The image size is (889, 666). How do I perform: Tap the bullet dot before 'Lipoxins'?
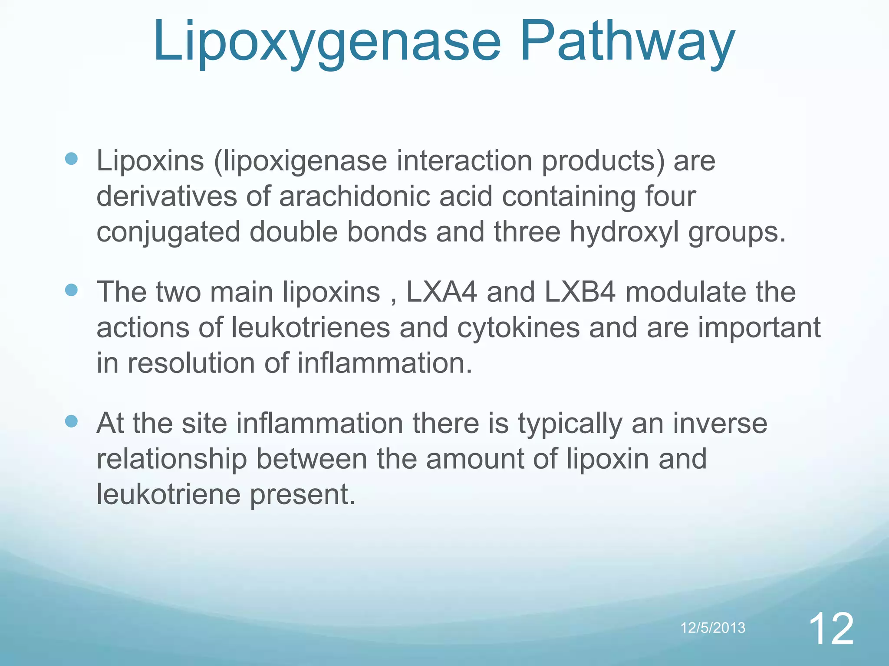[71, 159]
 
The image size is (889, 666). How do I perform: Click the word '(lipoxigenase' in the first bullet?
[300, 161]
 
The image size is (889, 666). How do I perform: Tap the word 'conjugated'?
[168, 232]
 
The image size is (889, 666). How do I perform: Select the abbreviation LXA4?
[441, 292]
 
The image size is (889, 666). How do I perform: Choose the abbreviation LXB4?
[579, 292]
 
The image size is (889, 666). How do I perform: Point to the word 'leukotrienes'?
[310, 327]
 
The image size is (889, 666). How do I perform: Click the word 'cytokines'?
[518, 327]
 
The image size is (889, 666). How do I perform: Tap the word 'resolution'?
[191, 363]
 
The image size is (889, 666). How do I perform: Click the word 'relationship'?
[171, 459]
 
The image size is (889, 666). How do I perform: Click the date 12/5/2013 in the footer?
[713, 627]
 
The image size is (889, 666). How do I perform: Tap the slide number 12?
[831, 628]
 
